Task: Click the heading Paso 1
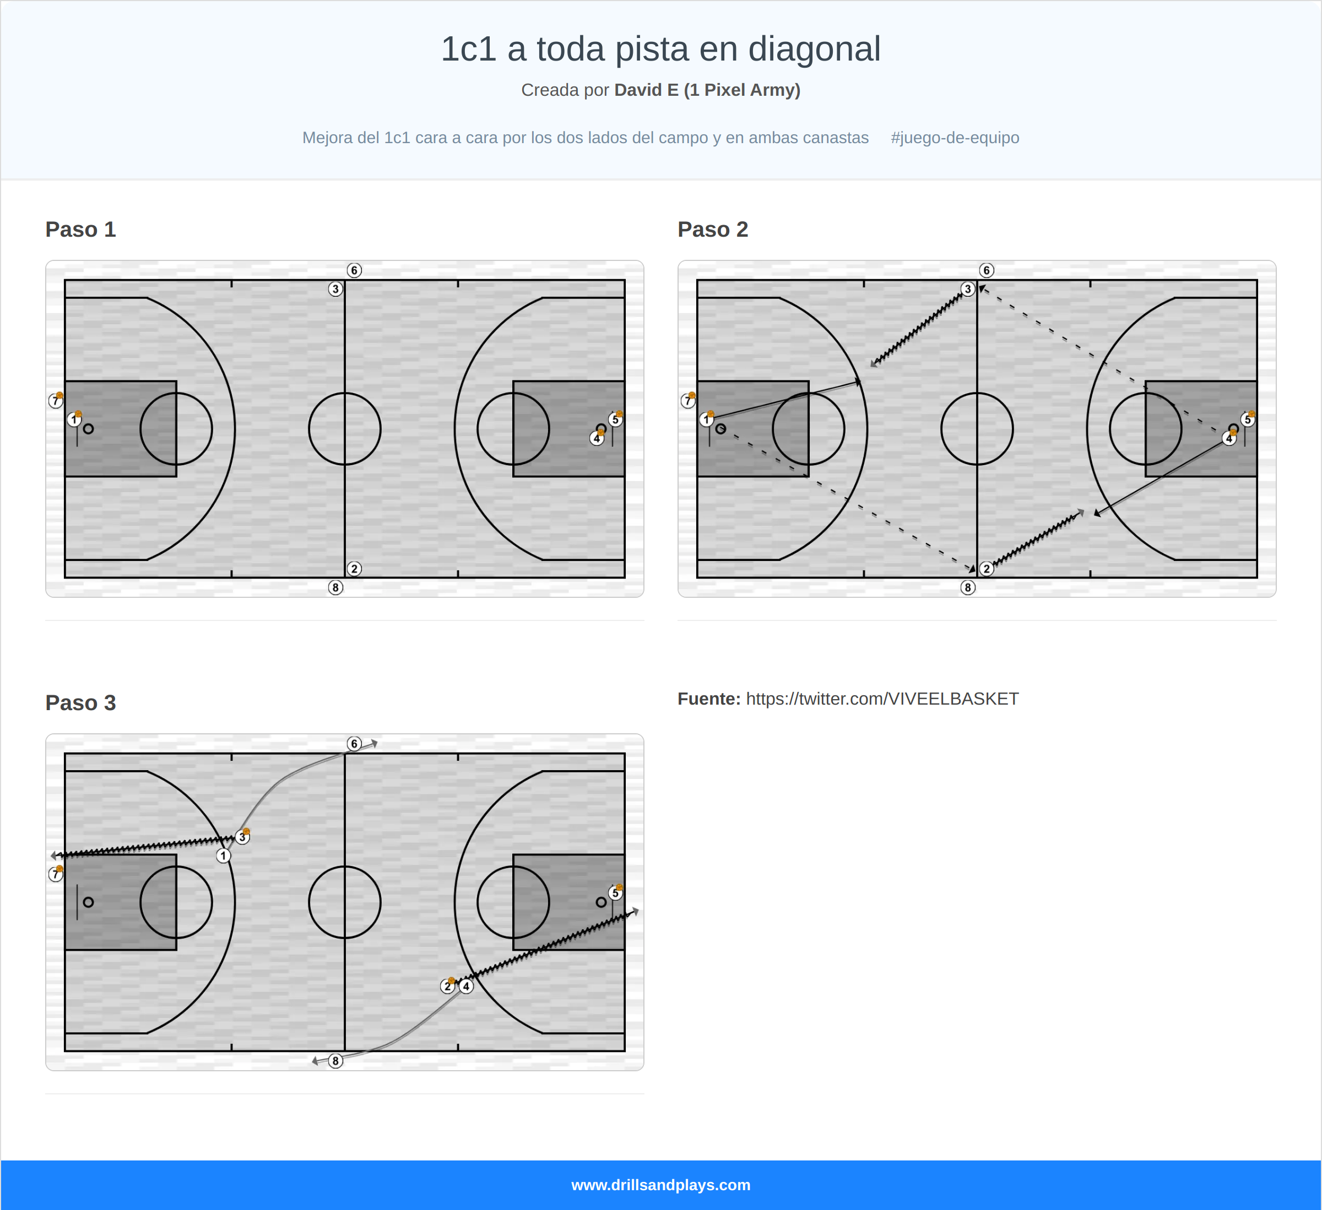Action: click(80, 230)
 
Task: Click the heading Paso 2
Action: click(712, 230)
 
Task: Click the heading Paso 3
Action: click(80, 702)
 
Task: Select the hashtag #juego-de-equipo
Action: click(954, 138)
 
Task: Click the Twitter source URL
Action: click(882, 699)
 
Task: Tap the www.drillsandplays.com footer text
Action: click(660, 1185)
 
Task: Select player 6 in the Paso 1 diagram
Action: click(354, 271)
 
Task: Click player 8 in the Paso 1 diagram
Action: click(335, 588)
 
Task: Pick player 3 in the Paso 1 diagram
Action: click(335, 289)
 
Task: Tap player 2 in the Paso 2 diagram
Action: click(986, 569)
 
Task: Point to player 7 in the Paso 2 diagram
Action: click(687, 401)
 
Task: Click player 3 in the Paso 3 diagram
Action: click(242, 837)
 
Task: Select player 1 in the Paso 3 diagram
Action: click(224, 856)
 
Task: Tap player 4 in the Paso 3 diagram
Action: click(466, 986)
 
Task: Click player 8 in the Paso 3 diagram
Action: click(335, 1061)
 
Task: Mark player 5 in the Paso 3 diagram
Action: click(614, 893)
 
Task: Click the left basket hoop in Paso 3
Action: click(89, 902)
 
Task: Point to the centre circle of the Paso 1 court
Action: click(344, 429)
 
